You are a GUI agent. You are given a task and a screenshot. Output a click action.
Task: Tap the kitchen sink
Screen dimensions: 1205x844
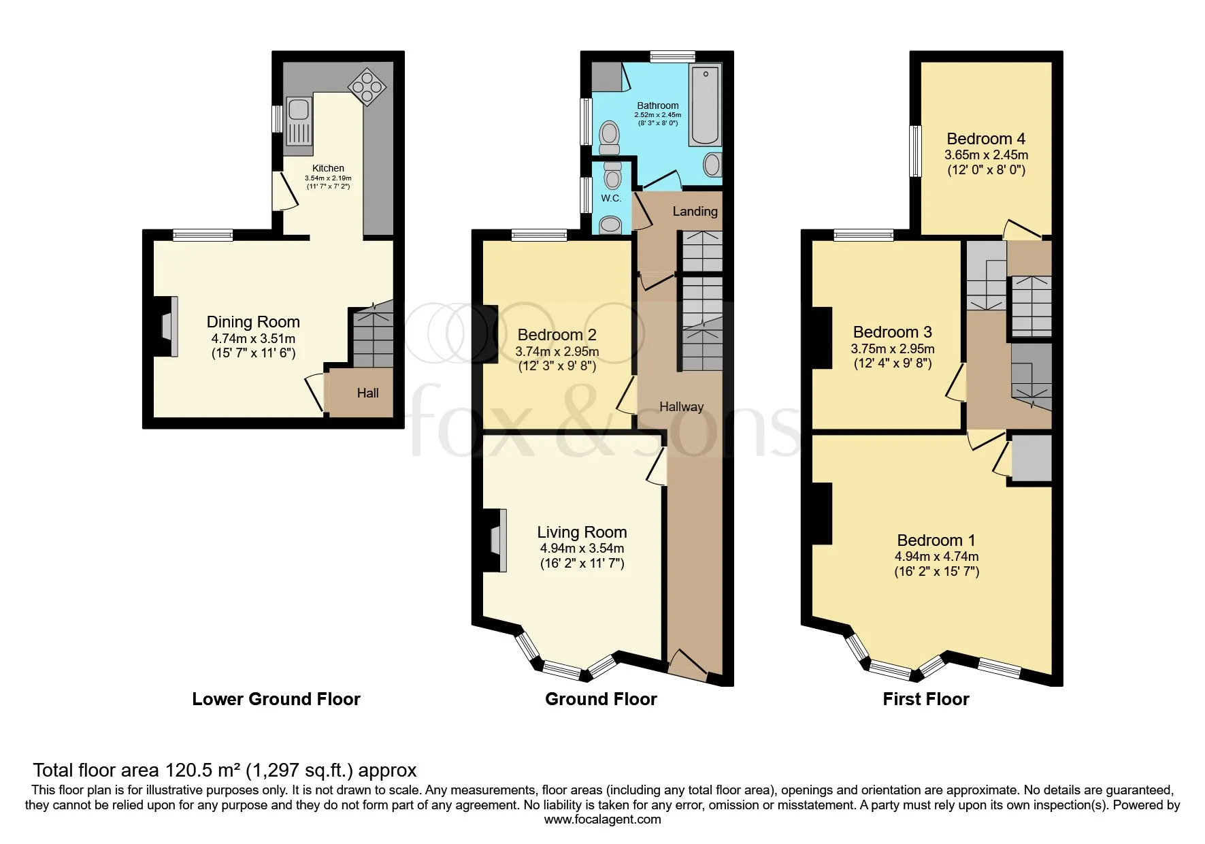298,122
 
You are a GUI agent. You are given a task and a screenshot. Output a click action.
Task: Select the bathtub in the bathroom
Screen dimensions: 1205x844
705,106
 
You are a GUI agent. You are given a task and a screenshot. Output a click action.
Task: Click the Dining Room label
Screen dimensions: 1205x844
253,322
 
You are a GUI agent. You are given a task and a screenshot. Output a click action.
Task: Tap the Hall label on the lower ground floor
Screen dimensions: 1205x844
368,393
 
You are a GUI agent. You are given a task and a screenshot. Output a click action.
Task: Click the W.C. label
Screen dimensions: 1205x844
611,198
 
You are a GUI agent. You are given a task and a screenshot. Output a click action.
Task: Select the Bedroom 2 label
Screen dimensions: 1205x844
557,335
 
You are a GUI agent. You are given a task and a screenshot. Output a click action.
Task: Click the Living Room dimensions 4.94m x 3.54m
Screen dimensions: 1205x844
582,549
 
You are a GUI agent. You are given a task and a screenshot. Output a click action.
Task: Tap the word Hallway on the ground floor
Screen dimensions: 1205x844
681,407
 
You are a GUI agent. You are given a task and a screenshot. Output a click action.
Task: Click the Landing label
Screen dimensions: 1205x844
695,212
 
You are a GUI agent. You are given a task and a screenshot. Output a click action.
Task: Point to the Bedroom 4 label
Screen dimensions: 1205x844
986,139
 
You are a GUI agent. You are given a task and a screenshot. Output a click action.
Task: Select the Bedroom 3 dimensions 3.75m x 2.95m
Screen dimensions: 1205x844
893,348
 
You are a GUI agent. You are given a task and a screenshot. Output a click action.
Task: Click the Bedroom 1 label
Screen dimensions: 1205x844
936,540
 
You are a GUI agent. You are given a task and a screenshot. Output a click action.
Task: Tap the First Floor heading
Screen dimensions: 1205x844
926,699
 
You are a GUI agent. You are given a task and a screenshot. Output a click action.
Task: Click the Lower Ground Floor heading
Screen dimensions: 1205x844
276,699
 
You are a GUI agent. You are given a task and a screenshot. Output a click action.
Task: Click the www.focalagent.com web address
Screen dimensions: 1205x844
602,819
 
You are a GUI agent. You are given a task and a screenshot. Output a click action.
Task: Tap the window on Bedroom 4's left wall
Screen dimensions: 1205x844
916,151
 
